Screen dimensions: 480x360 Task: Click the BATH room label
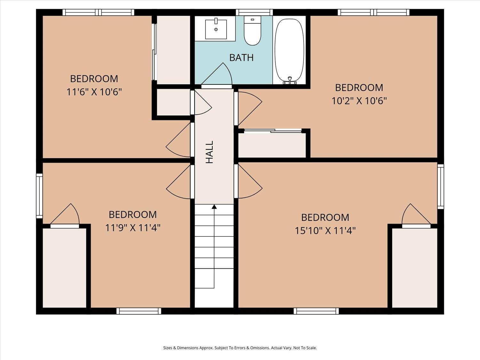pyautogui.click(x=241, y=58)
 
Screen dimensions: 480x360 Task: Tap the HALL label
pyautogui.click(x=210, y=152)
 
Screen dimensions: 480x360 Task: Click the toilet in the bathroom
pyautogui.click(x=252, y=31)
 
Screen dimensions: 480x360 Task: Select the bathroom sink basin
pyautogui.click(x=216, y=29)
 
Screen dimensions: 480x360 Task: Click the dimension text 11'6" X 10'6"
pyautogui.click(x=94, y=92)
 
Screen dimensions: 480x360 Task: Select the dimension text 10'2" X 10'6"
pyautogui.click(x=359, y=101)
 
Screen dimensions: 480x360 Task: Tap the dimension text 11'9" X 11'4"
pyautogui.click(x=133, y=228)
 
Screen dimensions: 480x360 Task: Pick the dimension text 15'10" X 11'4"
pyautogui.click(x=325, y=231)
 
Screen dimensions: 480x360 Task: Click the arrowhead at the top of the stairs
pyautogui.click(x=214, y=206)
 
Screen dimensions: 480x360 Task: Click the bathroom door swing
pyautogui.click(x=217, y=74)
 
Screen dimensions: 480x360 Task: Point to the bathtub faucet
pyautogui.click(x=290, y=81)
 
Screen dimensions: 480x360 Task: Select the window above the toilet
pyautogui.click(x=254, y=12)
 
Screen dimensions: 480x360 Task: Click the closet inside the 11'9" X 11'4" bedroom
pyautogui.click(x=65, y=268)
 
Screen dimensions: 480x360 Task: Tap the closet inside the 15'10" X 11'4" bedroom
pyautogui.click(x=414, y=268)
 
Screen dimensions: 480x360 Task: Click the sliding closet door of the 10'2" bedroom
pyautogui.click(x=273, y=131)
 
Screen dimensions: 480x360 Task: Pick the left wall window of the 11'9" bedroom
pyautogui.click(x=39, y=196)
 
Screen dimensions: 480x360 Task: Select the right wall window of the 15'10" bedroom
pyautogui.click(x=441, y=187)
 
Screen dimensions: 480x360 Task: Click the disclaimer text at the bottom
pyautogui.click(x=240, y=348)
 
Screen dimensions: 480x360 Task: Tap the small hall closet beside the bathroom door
pyautogui.click(x=173, y=102)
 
